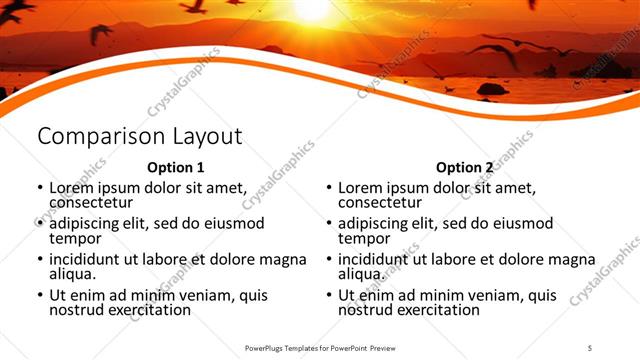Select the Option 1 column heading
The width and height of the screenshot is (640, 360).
pyautogui.click(x=175, y=167)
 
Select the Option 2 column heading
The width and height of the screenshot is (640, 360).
pyautogui.click(x=464, y=167)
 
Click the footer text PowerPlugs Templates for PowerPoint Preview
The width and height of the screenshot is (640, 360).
pyautogui.click(x=321, y=347)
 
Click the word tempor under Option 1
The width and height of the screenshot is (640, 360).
pyautogui.click(x=75, y=238)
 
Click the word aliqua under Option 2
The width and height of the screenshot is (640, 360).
pyautogui.click(x=362, y=274)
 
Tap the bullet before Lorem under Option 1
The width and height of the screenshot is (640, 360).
pyautogui.click(x=39, y=188)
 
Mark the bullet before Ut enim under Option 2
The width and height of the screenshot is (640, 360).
pyautogui.click(x=328, y=296)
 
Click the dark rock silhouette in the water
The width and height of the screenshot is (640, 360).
pyautogui.click(x=491, y=89)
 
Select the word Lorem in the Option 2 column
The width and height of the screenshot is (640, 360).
pyautogui.click(x=361, y=188)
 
